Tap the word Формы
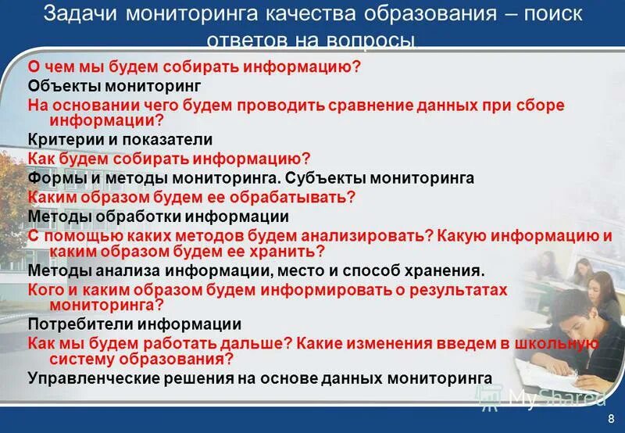pos(53,177)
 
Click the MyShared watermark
pos(539,399)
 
